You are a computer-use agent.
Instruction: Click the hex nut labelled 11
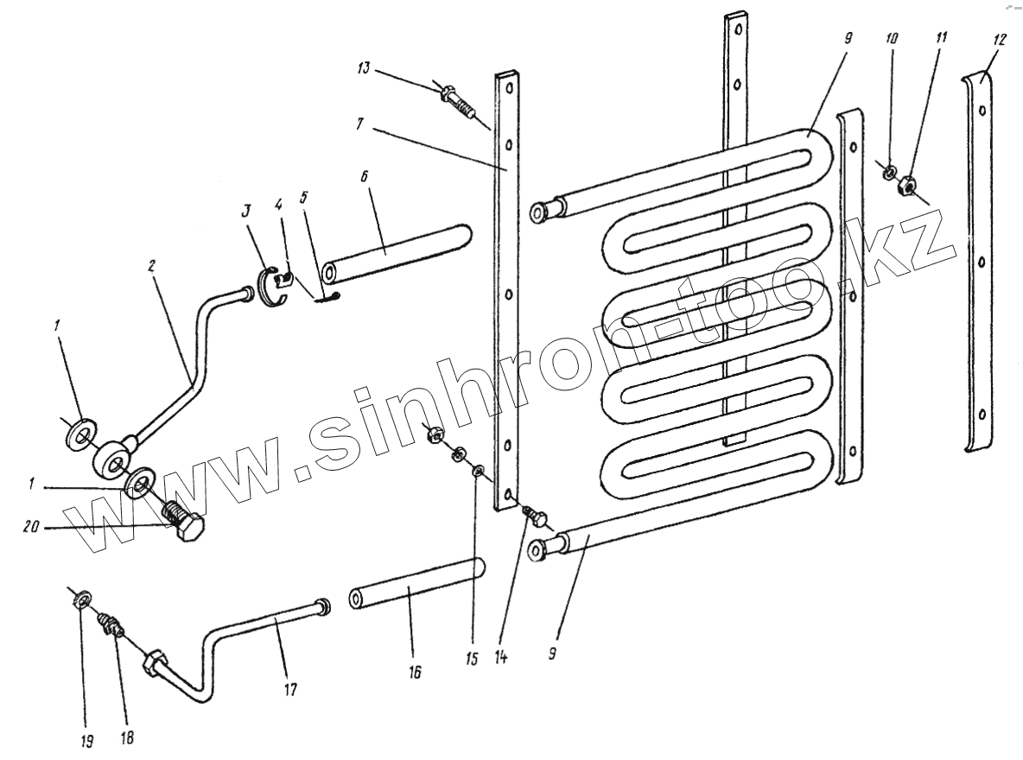tap(906, 185)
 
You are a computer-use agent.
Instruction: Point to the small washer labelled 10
tap(888, 172)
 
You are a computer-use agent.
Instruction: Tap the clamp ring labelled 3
tap(270, 286)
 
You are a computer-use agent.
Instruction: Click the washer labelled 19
tap(81, 597)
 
